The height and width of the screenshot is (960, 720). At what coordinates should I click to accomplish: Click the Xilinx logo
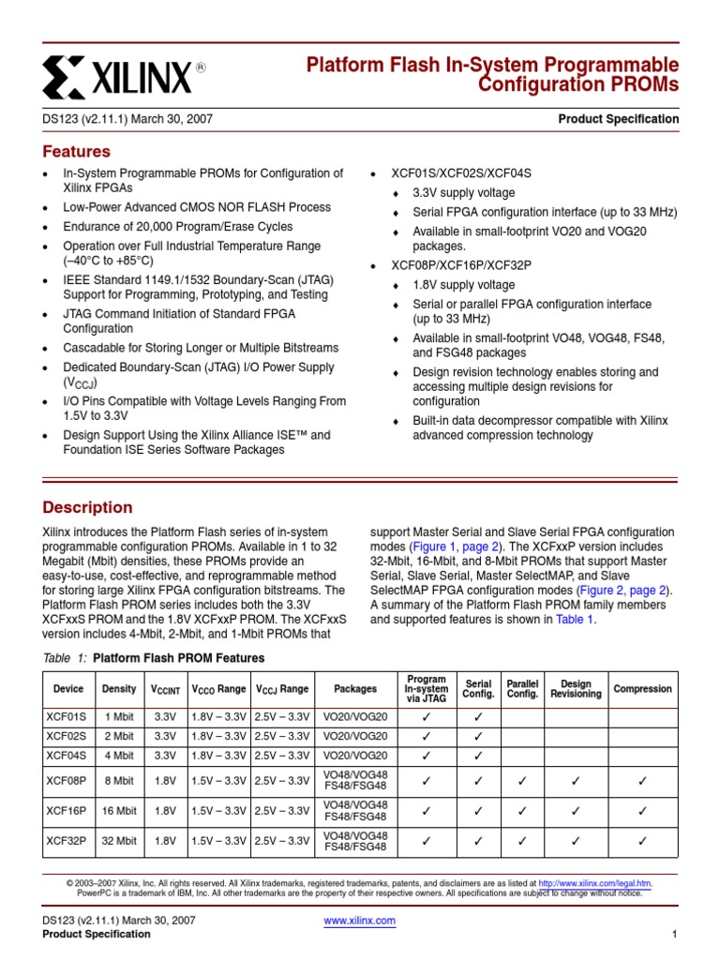[x=123, y=76]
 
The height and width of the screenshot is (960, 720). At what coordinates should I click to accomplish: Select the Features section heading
[x=77, y=152]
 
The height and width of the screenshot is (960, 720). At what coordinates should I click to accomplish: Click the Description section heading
[x=88, y=508]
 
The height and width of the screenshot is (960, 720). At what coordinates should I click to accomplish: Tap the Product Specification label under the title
[x=618, y=119]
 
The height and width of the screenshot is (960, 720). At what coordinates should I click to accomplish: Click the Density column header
[x=119, y=689]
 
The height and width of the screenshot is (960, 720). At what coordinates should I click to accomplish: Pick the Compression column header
[x=642, y=689]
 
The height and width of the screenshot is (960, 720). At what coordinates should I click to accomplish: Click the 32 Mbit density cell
[x=119, y=841]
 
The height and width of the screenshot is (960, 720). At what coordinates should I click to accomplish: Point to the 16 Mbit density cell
[x=119, y=810]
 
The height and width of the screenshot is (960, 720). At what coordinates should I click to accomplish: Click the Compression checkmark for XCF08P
[x=642, y=780]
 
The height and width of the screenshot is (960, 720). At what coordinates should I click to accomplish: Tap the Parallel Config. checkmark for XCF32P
[x=522, y=841]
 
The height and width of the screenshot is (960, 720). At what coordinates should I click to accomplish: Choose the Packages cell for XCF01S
[x=354, y=716]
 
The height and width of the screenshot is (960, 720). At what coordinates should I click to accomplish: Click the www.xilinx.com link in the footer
[x=359, y=921]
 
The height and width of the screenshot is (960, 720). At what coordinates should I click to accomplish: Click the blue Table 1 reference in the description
[x=575, y=620]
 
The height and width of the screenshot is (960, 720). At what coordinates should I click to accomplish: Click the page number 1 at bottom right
[x=674, y=935]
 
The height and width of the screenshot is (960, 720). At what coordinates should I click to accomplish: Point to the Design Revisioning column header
[x=576, y=689]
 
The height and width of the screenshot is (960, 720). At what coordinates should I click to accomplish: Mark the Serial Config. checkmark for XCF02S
[x=478, y=736]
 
